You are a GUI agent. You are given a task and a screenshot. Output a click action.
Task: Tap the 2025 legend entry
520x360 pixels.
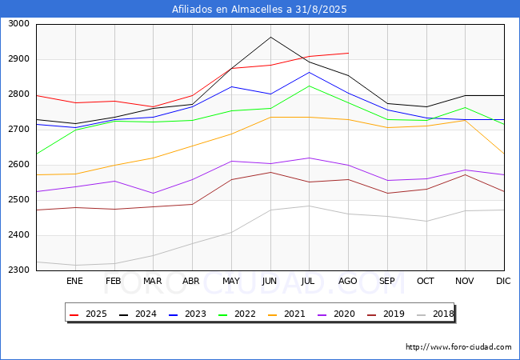coord(88,314)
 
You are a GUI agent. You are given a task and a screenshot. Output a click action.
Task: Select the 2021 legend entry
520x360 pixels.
coord(286,314)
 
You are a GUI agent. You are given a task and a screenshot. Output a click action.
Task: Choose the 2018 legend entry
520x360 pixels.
coord(435,314)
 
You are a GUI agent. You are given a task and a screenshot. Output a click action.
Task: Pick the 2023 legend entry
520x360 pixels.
coord(187,314)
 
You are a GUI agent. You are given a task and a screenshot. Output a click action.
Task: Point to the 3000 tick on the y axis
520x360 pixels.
coord(18,24)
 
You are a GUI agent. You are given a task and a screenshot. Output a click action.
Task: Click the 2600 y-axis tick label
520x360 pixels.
coord(18,165)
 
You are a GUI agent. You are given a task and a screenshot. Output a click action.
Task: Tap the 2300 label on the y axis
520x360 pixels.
coord(18,270)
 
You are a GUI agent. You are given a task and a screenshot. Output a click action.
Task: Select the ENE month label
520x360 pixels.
coord(74,281)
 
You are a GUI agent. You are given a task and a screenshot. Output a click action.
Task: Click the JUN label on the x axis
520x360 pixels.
coord(270,281)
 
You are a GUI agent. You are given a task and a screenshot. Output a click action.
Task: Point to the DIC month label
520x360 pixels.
coord(503,281)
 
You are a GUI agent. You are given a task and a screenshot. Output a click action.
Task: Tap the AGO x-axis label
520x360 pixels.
coord(347,281)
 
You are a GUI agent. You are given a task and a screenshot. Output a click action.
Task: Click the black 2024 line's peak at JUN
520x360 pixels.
coord(270,37)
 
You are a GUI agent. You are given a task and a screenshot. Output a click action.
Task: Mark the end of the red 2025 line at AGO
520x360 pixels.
coord(348,53)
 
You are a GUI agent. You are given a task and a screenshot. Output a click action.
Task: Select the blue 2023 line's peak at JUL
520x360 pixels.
coord(310,72)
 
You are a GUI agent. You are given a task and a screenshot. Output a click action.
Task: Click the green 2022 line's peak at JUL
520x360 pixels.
coord(310,86)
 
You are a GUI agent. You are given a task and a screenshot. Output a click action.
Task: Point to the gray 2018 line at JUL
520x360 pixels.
coord(310,206)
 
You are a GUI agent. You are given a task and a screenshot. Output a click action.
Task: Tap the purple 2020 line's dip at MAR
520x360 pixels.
coord(154,194)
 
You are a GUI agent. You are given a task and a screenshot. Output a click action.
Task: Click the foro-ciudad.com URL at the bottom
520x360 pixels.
coord(458,347)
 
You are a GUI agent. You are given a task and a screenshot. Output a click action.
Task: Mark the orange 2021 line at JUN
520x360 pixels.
coord(270,118)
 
